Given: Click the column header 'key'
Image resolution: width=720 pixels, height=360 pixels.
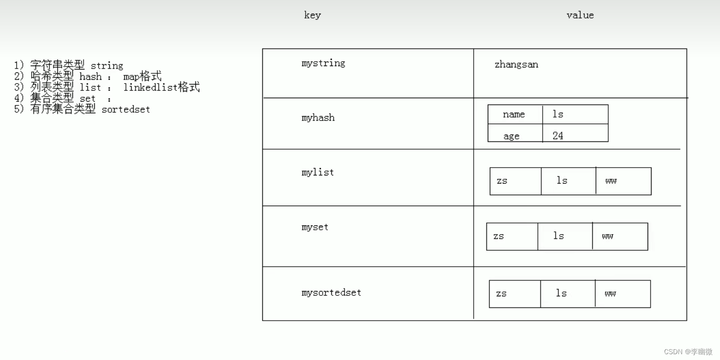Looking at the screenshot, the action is tap(312, 15).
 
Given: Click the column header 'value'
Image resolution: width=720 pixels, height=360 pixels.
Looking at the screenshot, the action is tap(580, 15).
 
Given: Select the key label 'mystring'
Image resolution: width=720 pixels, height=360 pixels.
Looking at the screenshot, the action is tap(323, 63).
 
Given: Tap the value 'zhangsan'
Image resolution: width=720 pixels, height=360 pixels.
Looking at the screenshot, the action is tap(516, 65).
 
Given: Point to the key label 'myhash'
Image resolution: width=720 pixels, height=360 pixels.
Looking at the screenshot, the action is tap(318, 118).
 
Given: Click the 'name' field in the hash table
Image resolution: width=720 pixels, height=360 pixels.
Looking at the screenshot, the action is tap(514, 115).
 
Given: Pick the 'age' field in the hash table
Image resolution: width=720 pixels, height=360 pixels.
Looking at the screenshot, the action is tap(511, 137).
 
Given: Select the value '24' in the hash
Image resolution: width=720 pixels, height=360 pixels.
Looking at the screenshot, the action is tap(558, 136).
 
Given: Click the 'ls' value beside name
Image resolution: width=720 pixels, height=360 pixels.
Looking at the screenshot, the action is tap(558, 115).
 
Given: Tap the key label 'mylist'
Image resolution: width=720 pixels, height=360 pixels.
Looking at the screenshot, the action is tap(317, 172).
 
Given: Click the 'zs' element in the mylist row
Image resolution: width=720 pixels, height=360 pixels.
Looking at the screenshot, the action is tap(502, 181).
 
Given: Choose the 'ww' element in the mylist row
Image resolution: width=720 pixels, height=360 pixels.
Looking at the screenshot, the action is tap(611, 181).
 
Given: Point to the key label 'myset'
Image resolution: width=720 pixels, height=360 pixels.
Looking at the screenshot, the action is tap(315, 227).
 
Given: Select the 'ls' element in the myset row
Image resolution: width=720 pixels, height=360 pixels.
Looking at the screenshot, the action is tap(559, 236).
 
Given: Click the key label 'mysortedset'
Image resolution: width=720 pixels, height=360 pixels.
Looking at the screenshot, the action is tap(331, 292).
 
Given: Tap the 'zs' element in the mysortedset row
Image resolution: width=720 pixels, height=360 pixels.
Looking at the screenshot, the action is tap(501, 294).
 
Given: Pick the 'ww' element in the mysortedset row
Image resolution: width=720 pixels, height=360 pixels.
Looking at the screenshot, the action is tap(610, 294).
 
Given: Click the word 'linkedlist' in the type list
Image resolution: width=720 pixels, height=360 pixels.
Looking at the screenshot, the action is tap(151, 87).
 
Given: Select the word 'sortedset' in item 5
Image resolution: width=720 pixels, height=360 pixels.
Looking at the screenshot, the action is tap(126, 109).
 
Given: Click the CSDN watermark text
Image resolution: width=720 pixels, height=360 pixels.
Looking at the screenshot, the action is tap(688, 352).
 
